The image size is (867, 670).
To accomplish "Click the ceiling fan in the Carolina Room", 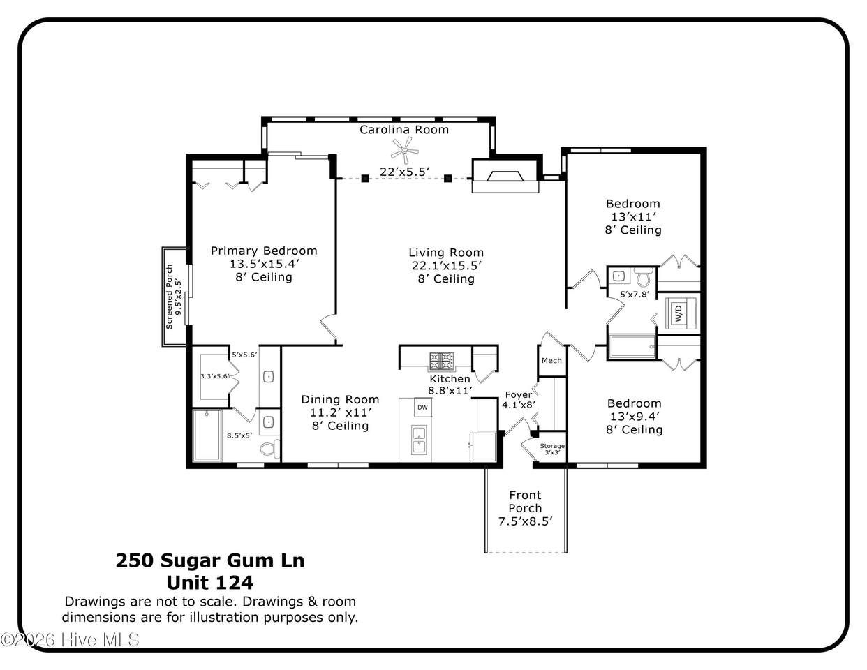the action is coord(404,150).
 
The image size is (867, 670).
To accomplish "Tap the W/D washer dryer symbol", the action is coord(679,313).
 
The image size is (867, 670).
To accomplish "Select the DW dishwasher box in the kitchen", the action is coord(422,407).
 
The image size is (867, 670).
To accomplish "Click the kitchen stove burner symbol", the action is coord(441,362).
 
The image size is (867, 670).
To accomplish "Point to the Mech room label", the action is coord(551,361).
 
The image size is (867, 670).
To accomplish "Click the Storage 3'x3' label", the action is coord(552,449).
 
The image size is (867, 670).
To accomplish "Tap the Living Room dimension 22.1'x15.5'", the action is coord(447,266).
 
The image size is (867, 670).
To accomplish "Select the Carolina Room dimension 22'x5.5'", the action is coord(404,172).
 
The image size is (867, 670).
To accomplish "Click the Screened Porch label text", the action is coord(169,297).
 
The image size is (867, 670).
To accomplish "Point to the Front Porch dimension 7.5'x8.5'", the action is coord(525,521).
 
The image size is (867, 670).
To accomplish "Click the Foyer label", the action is coord(518,395).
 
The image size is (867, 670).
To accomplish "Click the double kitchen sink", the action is coord(419,440).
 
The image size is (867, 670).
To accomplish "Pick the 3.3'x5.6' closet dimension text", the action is coord(214,376).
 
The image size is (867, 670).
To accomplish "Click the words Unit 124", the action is coord(210,583).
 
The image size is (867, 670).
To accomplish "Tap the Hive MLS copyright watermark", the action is coord(71,640).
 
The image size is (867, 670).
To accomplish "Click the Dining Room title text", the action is coord(340,399).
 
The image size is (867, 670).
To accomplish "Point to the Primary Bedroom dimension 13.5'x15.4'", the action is coord(264,264).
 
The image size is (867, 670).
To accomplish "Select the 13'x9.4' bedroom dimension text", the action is coord(635,417).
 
